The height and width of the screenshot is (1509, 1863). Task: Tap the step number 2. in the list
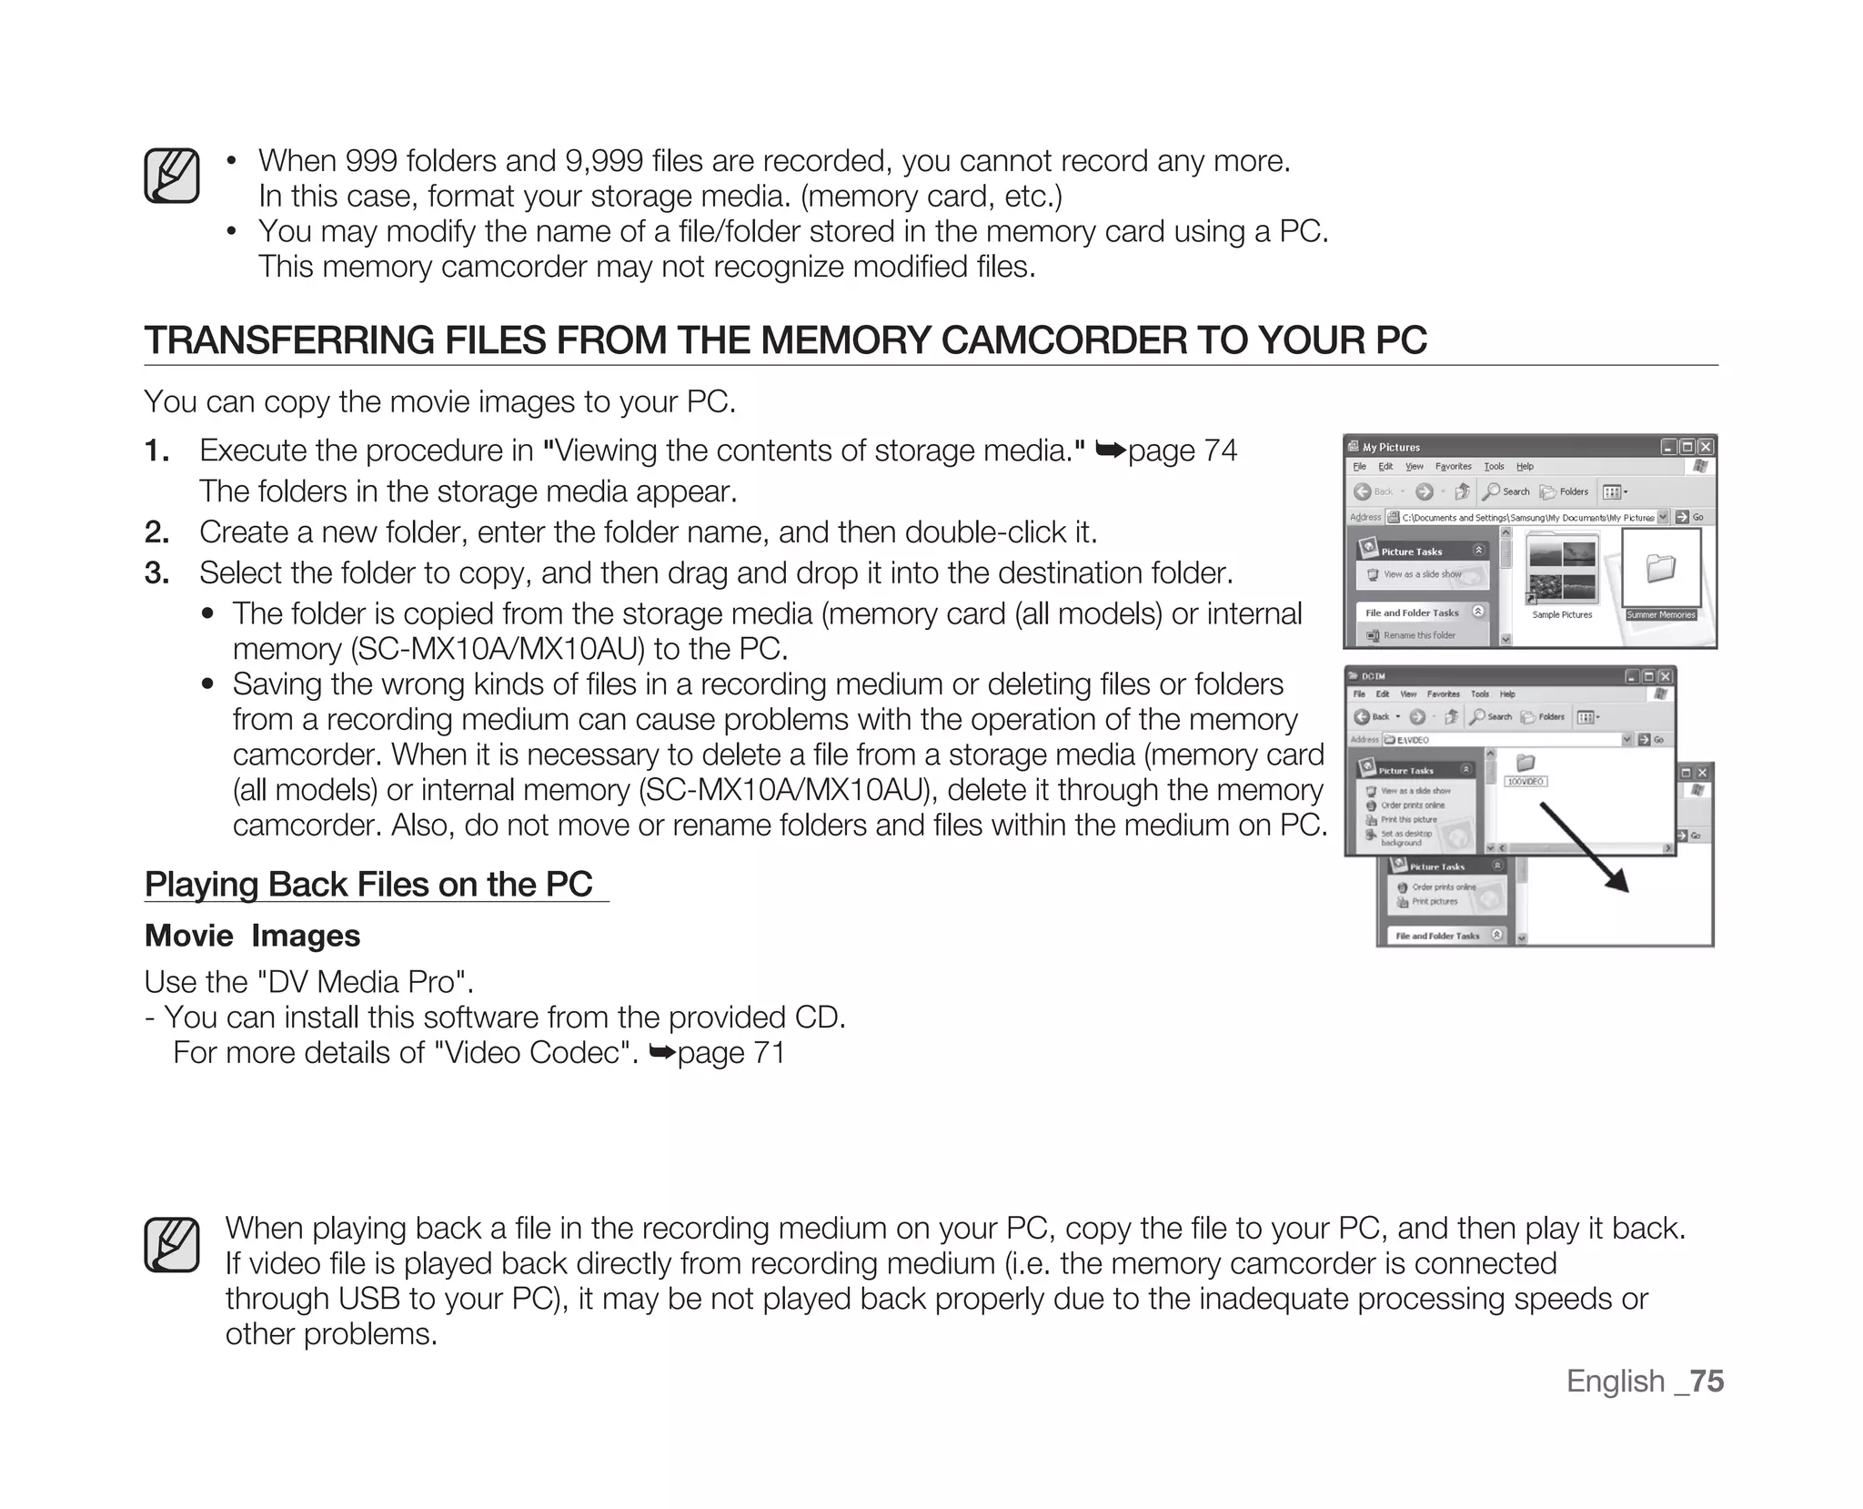pyautogui.click(x=156, y=532)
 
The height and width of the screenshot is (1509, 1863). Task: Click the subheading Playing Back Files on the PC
pyautogui.click(x=368, y=884)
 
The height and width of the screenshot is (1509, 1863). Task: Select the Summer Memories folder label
pyautogui.click(x=1660, y=614)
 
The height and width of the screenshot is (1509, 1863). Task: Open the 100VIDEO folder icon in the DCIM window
pyautogui.click(x=1526, y=764)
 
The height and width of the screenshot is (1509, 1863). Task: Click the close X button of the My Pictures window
pyautogui.click(x=1705, y=447)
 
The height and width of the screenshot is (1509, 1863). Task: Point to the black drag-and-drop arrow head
pyautogui.click(x=1618, y=882)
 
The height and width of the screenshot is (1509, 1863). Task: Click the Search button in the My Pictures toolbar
pyautogui.click(x=1507, y=491)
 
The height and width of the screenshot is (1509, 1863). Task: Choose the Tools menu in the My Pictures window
pyautogui.click(x=1494, y=467)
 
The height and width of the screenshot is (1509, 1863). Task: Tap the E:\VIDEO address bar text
pyautogui.click(x=1412, y=740)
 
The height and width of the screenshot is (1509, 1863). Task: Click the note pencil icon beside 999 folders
pyautogui.click(x=171, y=176)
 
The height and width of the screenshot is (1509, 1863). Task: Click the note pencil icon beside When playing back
pyautogui.click(x=171, y=1245)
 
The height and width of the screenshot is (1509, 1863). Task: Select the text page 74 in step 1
pyautogui.click(x=1182, y=451)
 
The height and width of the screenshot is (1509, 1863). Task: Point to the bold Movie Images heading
pyautogui.click(x=252, y=936)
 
